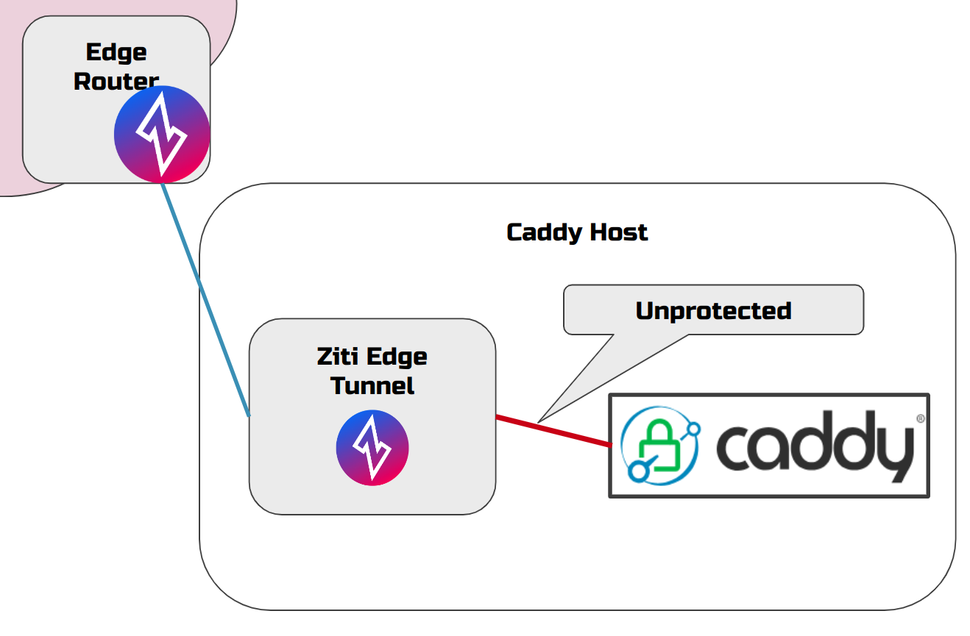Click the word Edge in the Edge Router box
pos(116,52)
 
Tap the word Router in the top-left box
pos(116,80)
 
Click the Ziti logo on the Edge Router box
pos(162,134)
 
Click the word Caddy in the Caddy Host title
pos(540,232)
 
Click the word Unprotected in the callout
pos(713,310)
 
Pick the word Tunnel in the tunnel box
pos(372,385)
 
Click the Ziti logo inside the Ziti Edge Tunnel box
pos(372,447)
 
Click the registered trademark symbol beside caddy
pos(920,418)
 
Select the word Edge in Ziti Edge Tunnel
pos(397,357)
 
